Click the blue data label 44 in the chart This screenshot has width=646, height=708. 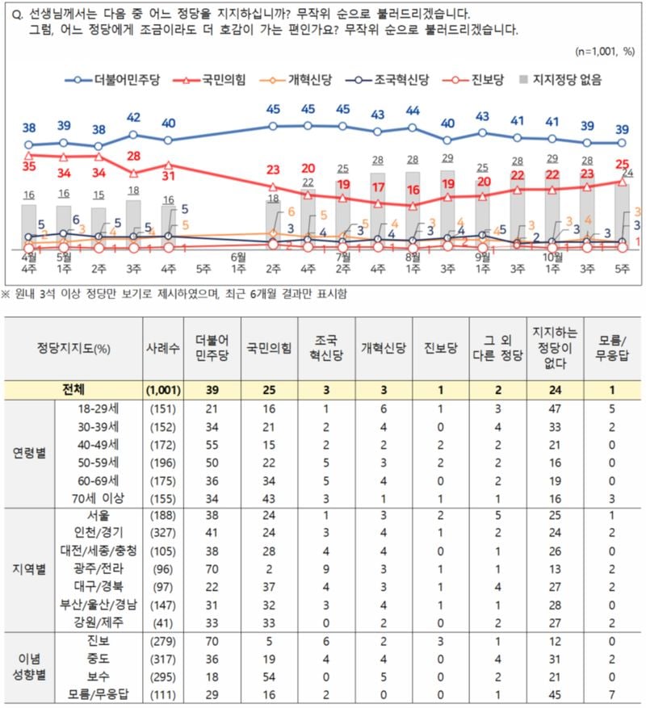(413, 111)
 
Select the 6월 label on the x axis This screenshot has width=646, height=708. (240, 257)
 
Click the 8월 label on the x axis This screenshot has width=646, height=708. (413, 257)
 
